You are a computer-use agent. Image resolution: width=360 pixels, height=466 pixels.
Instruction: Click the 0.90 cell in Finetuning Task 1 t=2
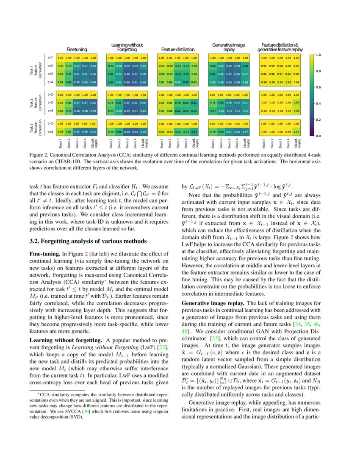click(61, 66)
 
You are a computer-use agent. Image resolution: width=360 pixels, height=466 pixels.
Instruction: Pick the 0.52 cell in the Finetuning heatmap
click(77, 66)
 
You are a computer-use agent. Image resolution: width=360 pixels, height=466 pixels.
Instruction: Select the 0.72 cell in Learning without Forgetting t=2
click(111, 66)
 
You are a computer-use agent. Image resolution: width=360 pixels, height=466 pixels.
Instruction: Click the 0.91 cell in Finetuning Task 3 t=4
click(61, 131)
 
